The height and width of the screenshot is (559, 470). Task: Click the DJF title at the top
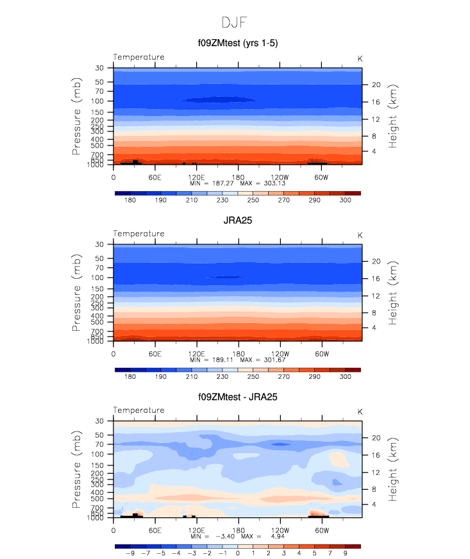click(x=235, y=22)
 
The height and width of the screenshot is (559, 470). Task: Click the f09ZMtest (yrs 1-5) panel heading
click(x=237, y=44)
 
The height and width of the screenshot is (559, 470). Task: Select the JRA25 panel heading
click(x=237, y=220)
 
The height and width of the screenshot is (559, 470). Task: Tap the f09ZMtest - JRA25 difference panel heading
click(x=237, y=397)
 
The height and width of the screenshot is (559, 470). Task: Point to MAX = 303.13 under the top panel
click(x=262, y=183)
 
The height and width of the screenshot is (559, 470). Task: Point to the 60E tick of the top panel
click(x=155, y=177)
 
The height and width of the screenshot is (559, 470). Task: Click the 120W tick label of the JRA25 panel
click(x=280, y=353)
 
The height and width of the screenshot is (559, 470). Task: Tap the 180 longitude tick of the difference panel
click(x=238, y=530)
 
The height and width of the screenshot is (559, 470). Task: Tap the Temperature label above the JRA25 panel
click(x=138, y=234)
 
